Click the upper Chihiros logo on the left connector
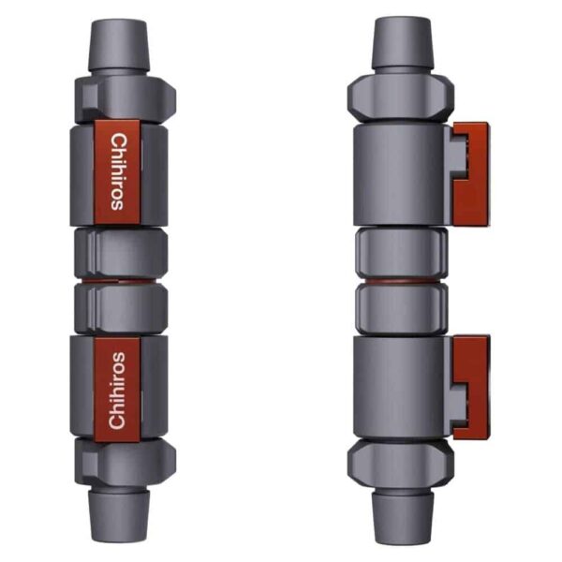[x=118, y=171]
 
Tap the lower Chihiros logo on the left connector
[x=117, y=391]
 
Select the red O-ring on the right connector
[x=402, y=281]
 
